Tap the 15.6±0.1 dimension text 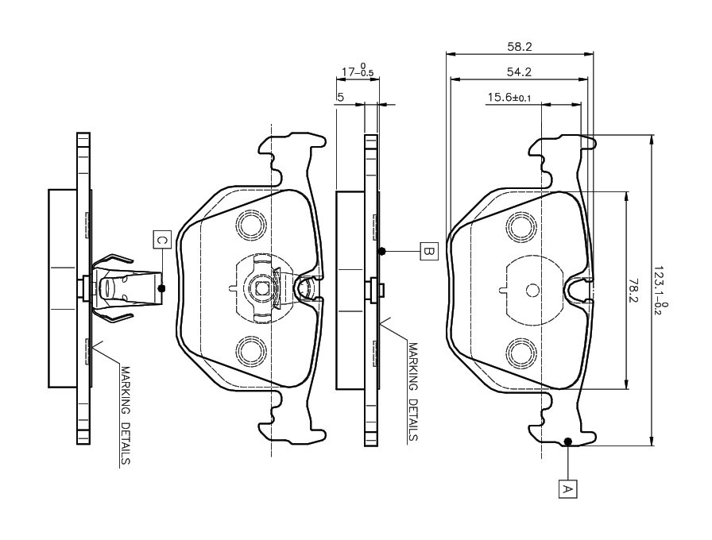tap(509, 98)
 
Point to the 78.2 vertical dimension tap(634, 291)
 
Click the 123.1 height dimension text tap(660, 291)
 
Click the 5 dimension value tap(340, 97)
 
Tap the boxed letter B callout tap(428, 252)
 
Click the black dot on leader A tap(567, 442)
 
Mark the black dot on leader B tap(382, 252)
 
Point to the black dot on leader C tap(162, 287)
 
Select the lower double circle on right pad tap(522, 350)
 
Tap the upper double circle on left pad tap(252, 225)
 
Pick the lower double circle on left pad tap(252, 350)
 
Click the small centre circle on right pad tap(533, 291)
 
